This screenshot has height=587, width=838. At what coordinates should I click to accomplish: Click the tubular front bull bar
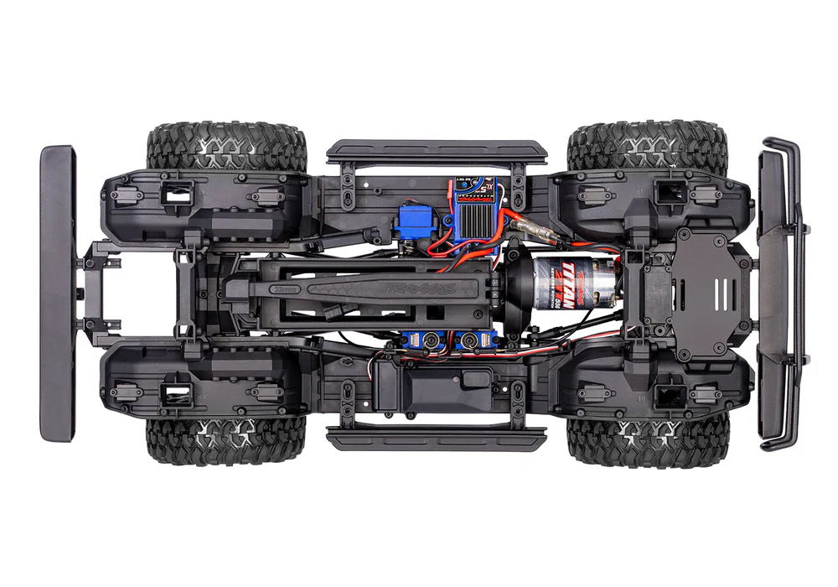click(x=779, y=293)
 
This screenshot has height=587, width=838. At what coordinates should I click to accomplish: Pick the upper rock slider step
click(x=436, y=151)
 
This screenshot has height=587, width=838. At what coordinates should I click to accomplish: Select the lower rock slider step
click(x=436, y=439)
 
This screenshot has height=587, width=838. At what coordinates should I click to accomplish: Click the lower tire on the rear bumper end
click(x=226, y=441)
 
